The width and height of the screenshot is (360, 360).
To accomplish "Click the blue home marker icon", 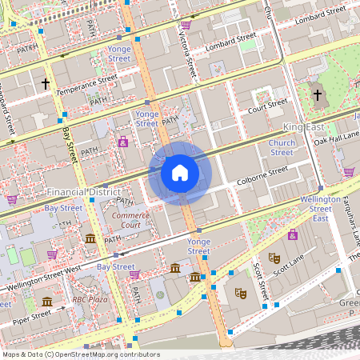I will pos(180,172).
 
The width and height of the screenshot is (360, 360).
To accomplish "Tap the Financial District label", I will pos(83,192).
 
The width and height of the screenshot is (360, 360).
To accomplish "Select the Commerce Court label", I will pos(131,220).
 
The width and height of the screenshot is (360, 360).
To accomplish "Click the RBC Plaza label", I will pos(90,299).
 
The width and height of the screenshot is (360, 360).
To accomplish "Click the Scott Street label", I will pos(258,279).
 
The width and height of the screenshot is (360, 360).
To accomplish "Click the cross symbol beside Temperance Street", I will pos(46,82).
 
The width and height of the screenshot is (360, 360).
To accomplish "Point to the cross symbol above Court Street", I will pos(318,95).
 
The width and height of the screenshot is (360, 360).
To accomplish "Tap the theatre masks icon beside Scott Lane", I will pos(274,258).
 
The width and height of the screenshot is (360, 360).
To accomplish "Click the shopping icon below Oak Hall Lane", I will pos(349,171).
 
